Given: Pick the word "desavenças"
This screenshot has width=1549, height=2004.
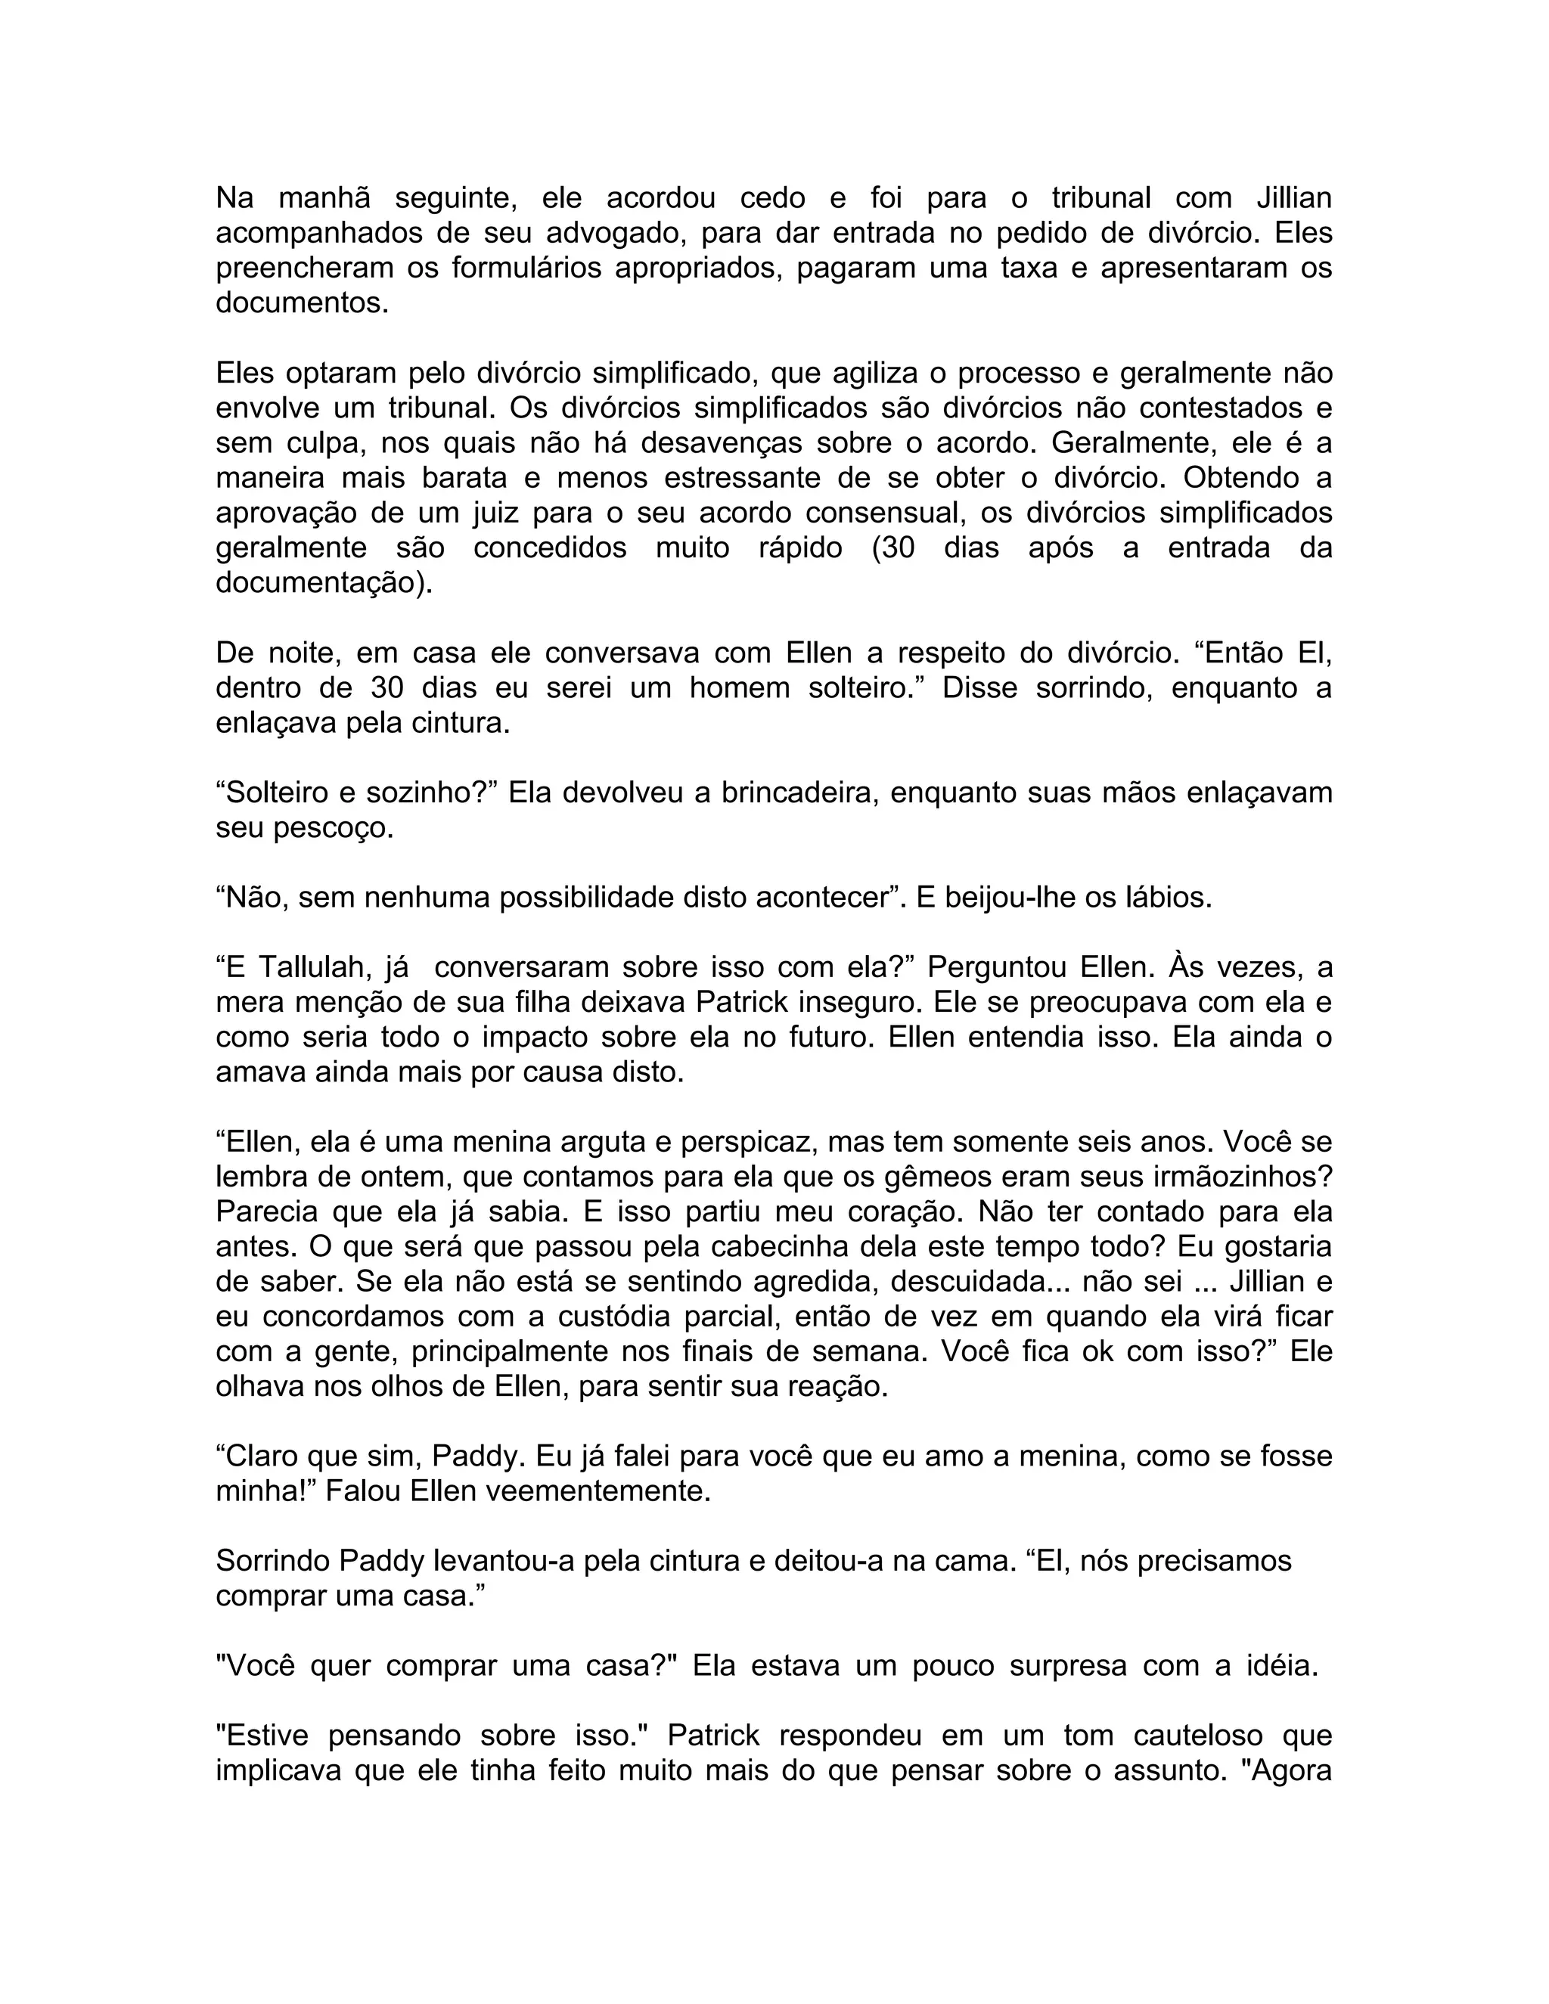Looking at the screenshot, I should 720,443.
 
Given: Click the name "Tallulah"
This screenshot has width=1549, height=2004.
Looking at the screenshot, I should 310,968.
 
